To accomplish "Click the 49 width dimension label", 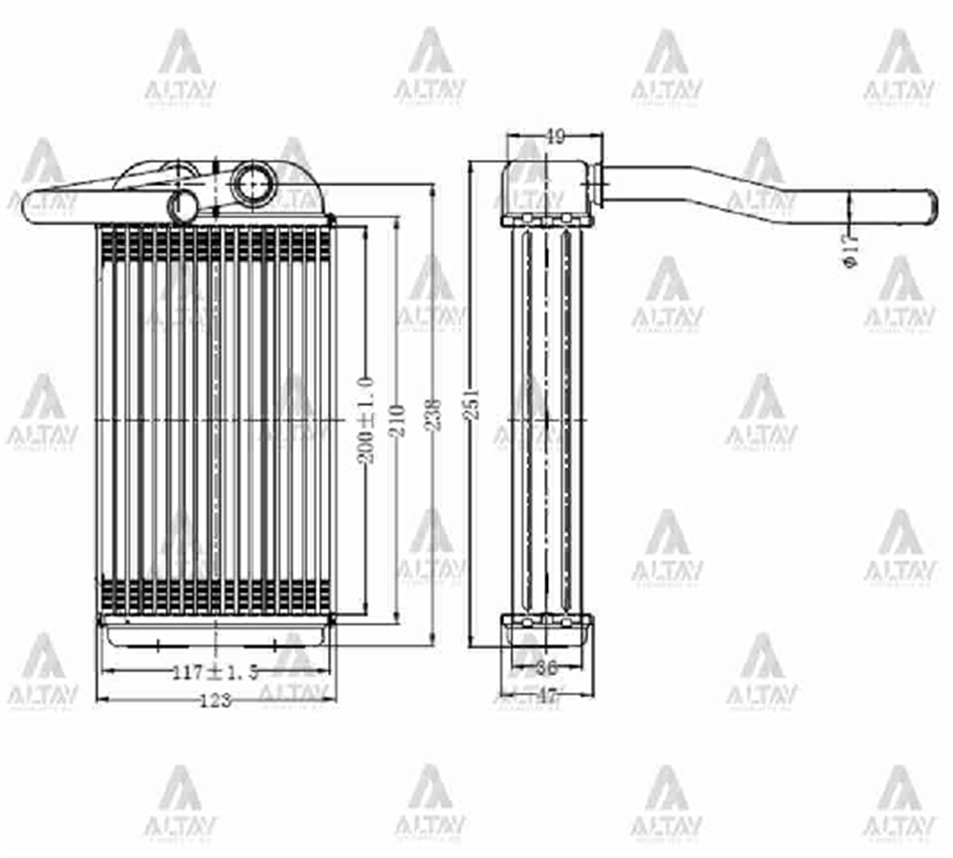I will coord(554,137).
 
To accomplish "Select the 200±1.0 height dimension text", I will coord(367,419).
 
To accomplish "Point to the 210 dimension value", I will coord(396,419).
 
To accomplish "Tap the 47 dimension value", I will coord(547,697).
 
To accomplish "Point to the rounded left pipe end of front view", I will coord(33,207).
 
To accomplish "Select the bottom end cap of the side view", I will coord(547,631).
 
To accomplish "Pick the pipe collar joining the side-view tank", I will coord(597,185).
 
